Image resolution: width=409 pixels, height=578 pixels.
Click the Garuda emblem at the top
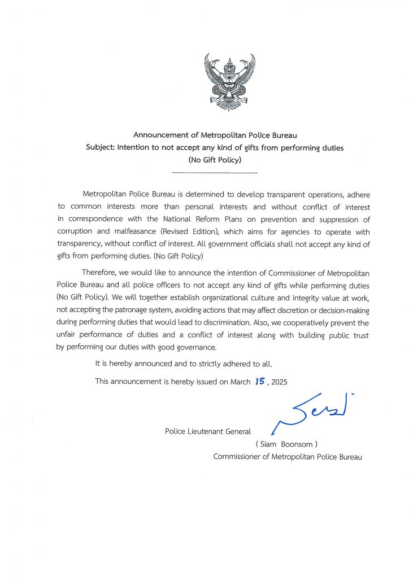click(229, 82)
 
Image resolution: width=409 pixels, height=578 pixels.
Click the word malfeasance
click(130, 232)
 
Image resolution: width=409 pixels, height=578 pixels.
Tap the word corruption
click(76, 232)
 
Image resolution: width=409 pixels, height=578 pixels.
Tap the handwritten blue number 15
click(260, 382)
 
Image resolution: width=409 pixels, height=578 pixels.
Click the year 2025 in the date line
click(279, 382)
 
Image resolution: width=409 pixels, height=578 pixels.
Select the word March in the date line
click(240, 382)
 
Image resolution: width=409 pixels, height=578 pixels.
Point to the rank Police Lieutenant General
click(207, 431)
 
